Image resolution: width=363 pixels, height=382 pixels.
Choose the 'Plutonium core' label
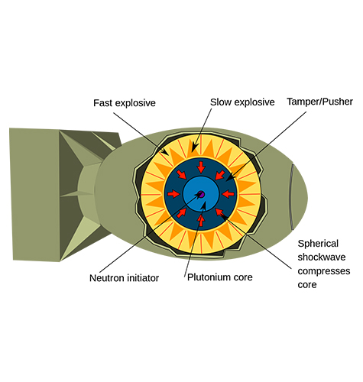point(220,277)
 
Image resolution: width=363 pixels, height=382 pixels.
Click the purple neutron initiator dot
point(201,196)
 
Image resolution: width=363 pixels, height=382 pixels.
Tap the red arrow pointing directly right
point(174,196)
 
